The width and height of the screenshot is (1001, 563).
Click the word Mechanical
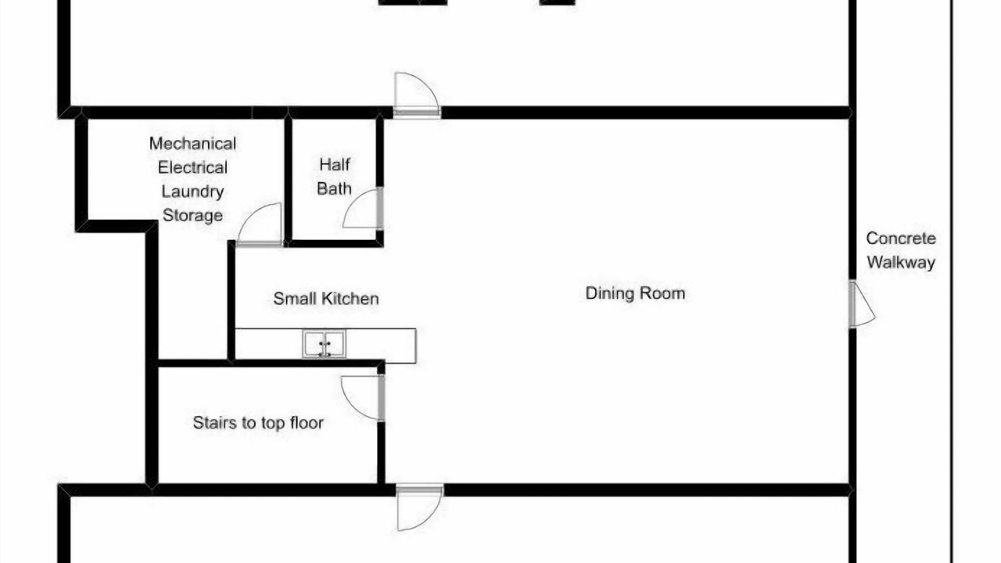[x=192, y=143]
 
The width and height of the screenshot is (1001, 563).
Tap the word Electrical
[x=192, y=167]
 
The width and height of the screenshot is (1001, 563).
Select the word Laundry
[x=192, y=192]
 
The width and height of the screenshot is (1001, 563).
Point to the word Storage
[x=192, y=215]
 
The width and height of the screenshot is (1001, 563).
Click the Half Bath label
[x=334, y=177]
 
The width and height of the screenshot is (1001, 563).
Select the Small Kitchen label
[x=326, y=299]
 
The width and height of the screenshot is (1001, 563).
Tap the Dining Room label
[x=635, y=293]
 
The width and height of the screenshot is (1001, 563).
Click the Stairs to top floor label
[x=258, y=423]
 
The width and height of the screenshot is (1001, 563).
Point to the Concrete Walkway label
[x=901, y=250]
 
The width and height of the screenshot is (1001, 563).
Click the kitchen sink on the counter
[x=324, y=343]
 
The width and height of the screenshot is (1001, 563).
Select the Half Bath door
[x=363, y=209]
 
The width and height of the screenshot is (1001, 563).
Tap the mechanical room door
[x=260, y=224]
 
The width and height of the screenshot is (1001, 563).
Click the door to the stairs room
[x=362, y=398]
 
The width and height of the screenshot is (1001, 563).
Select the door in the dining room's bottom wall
[x=420, y=508]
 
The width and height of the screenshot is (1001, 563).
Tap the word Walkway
[x=901, y=262]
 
